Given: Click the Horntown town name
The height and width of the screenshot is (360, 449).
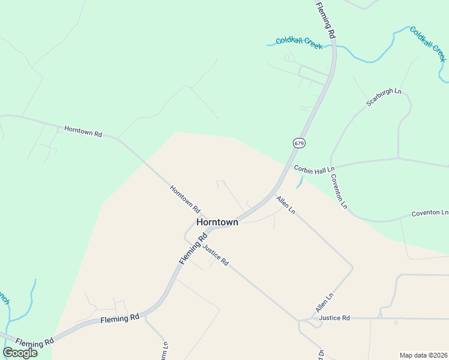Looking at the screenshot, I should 217,222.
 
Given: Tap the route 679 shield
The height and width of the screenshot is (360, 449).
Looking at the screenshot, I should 298,143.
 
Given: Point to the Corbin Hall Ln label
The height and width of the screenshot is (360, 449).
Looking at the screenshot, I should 314,169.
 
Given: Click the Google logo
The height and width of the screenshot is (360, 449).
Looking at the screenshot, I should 20,353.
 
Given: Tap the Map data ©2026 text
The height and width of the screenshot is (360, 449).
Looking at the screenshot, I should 423,355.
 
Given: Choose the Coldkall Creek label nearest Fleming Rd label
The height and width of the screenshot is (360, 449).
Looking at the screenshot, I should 299,43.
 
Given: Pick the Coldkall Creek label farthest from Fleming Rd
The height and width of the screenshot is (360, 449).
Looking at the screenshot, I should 428,43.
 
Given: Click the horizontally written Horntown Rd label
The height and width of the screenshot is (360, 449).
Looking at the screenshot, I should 83,131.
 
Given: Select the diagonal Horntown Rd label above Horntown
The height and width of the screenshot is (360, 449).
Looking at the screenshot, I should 184,199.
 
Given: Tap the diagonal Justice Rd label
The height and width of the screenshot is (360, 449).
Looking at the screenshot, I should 215,255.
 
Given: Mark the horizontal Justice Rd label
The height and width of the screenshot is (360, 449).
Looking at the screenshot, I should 334,317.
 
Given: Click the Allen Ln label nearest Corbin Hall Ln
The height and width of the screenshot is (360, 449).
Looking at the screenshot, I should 286,205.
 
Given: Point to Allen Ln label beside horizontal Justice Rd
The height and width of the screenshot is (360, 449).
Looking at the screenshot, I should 324,303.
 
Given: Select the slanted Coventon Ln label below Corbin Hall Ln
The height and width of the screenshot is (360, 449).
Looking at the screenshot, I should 339,191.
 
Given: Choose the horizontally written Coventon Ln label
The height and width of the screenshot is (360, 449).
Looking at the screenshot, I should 430,213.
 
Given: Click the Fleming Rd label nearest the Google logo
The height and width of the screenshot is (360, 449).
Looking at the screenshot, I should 35,342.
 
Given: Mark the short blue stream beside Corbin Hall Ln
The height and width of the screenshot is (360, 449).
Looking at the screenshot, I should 299,183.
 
